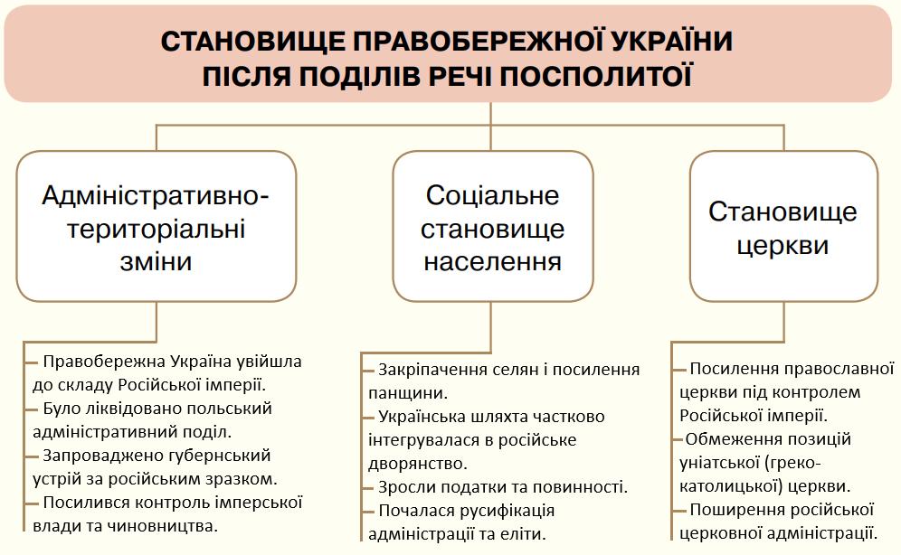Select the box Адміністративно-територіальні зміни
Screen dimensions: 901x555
click(156, 226)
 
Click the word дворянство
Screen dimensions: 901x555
click(418, 464)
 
